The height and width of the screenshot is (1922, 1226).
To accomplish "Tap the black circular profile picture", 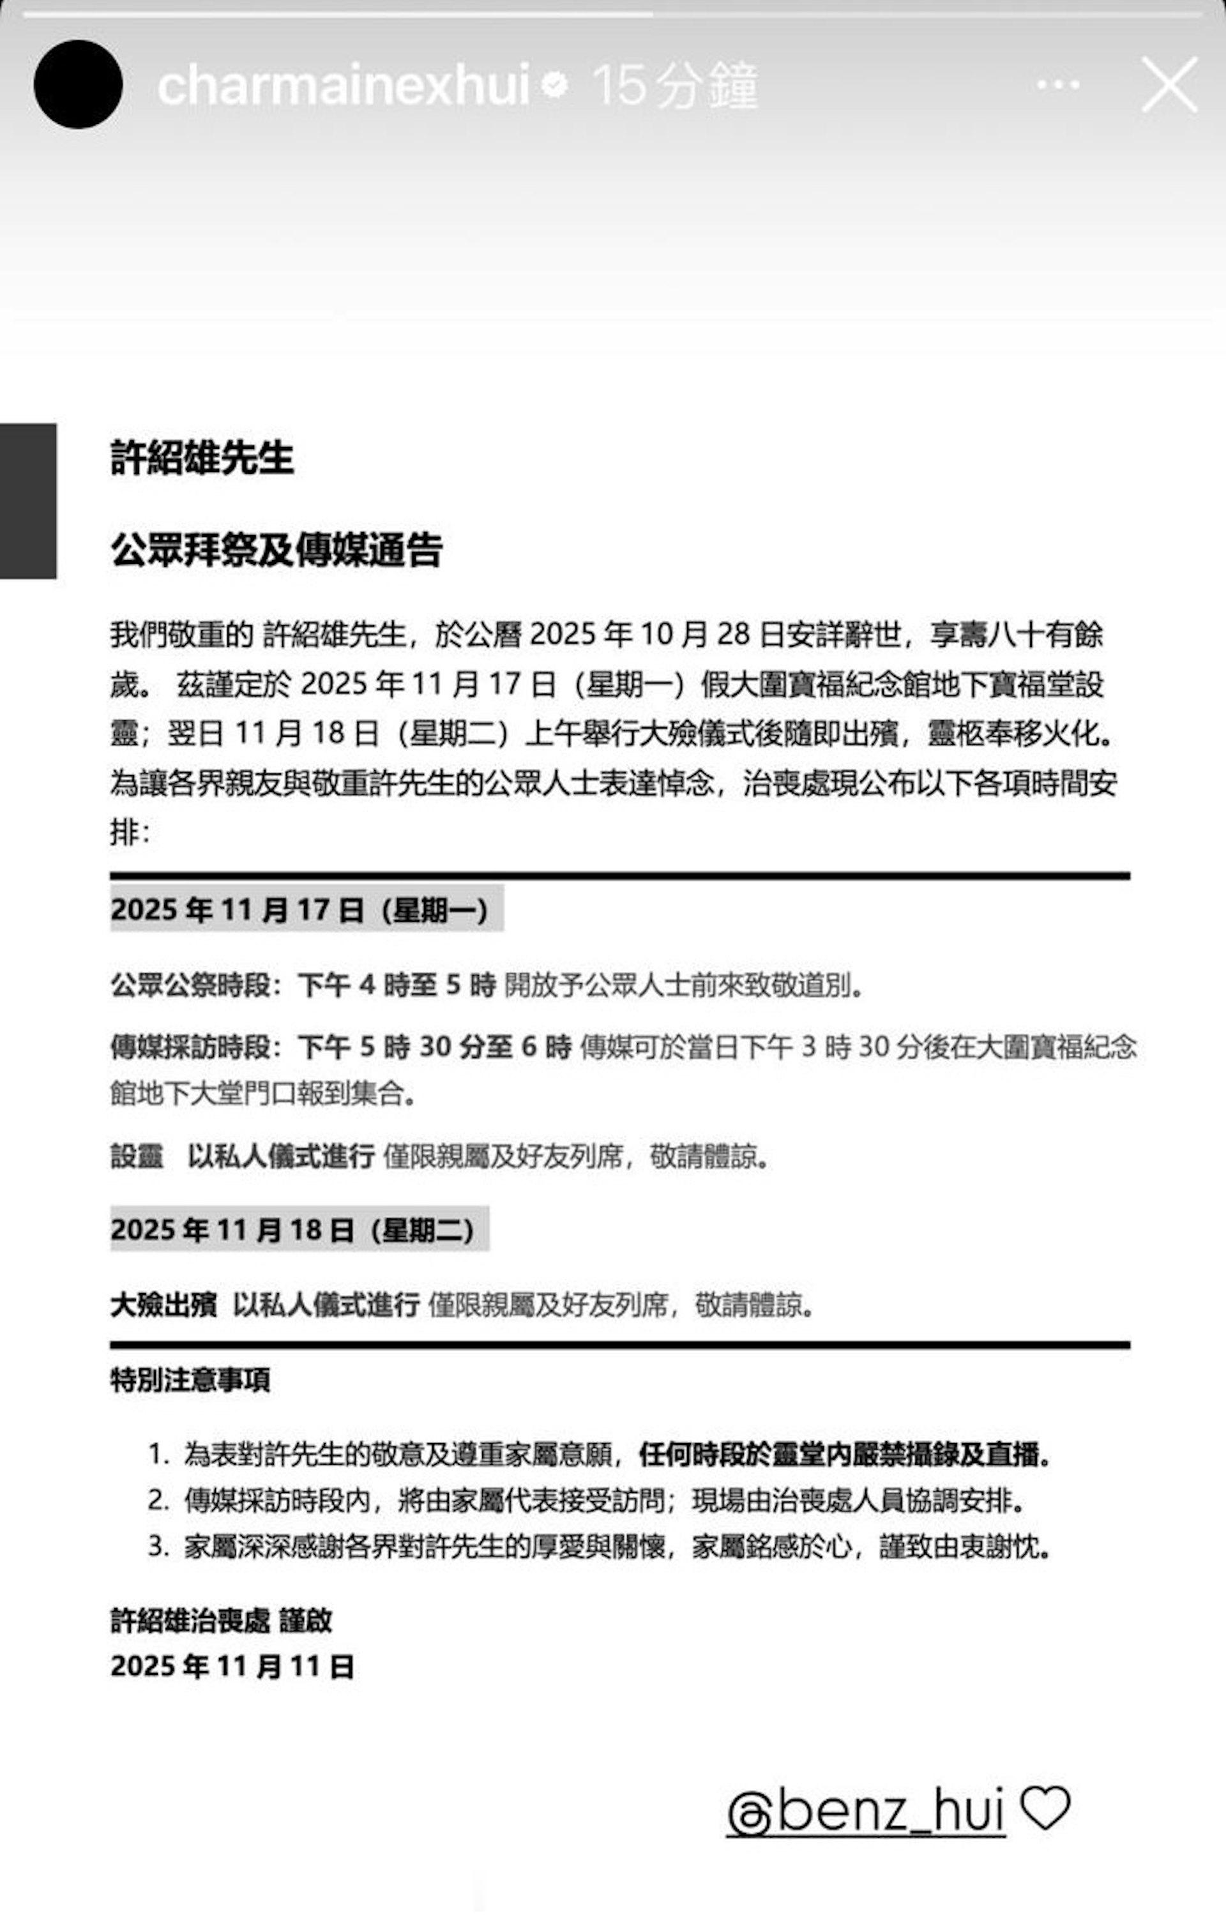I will [x=78, y=84].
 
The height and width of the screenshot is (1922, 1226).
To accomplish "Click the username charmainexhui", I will [x=344, y=84].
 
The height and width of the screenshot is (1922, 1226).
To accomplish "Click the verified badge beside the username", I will [x=555, y=84].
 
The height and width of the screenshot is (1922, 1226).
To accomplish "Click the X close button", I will [x=1169, y=84].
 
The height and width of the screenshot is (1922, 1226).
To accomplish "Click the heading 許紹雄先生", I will [x=202, y=458].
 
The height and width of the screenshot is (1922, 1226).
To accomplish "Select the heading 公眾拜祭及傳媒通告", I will [x=276, y=549].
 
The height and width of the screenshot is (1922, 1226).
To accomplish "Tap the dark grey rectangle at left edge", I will [x=28, y=501].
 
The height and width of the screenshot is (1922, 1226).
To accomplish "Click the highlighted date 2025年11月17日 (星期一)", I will [x=306, y=909].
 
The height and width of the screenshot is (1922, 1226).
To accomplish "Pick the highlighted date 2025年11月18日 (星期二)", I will [x=299, y=1230].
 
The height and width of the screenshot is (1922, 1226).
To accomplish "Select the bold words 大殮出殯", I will [x=163, y=1305].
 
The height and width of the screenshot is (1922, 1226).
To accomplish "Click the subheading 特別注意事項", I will [x=190, y=1379].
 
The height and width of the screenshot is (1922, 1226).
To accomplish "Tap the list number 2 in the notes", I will [x=157, y=1501].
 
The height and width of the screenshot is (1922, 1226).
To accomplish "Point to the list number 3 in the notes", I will [x=157, y=1547].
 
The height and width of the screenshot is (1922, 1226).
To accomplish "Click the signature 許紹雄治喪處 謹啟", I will [x=221, y=1621].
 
